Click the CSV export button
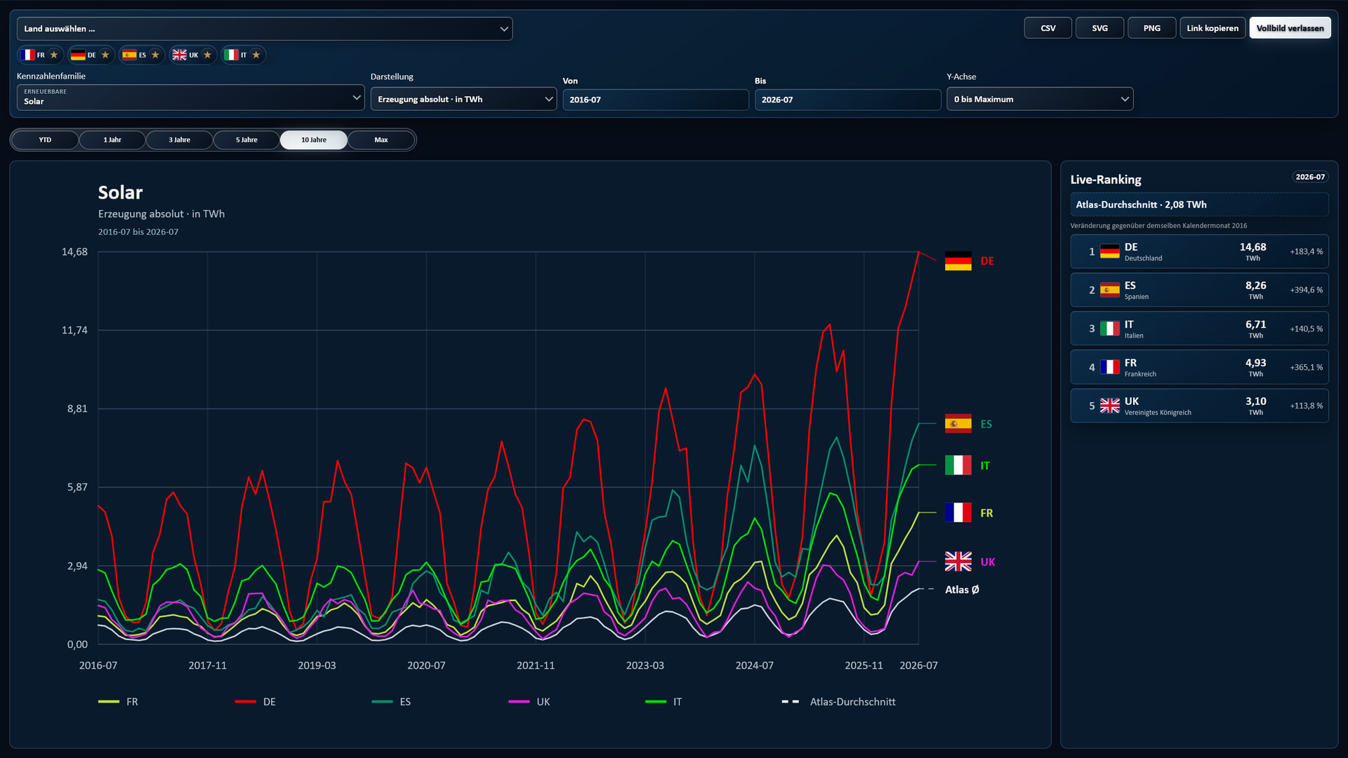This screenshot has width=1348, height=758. (1048, 28)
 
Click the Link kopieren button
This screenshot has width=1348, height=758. (1212, 28)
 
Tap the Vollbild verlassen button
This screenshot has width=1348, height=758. (1290, 28)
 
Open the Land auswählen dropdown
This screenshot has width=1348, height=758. (265, 29)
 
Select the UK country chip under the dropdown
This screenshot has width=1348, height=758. (192, 55)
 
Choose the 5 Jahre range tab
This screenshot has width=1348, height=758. (246, 140)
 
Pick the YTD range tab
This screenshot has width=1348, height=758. (45, 140)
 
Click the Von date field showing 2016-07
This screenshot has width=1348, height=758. (655, 100)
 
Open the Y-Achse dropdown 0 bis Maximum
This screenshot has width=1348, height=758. (1040, 99)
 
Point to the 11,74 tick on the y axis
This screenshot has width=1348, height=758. (74, 331)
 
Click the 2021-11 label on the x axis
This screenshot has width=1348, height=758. (536, 665)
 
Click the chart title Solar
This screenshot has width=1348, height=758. (120, 192)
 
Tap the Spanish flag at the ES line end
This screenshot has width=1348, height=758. (958, 424)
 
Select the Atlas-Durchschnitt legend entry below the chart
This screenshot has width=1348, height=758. (838, 702)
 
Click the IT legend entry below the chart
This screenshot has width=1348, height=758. (663, 702)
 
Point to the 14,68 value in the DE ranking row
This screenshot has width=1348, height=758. (1253, 247)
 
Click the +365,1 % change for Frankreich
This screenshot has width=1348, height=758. (1306, 367)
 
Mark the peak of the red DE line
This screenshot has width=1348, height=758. (918, 251)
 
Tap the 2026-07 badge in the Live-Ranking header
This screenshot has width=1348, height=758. (1310, 177)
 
